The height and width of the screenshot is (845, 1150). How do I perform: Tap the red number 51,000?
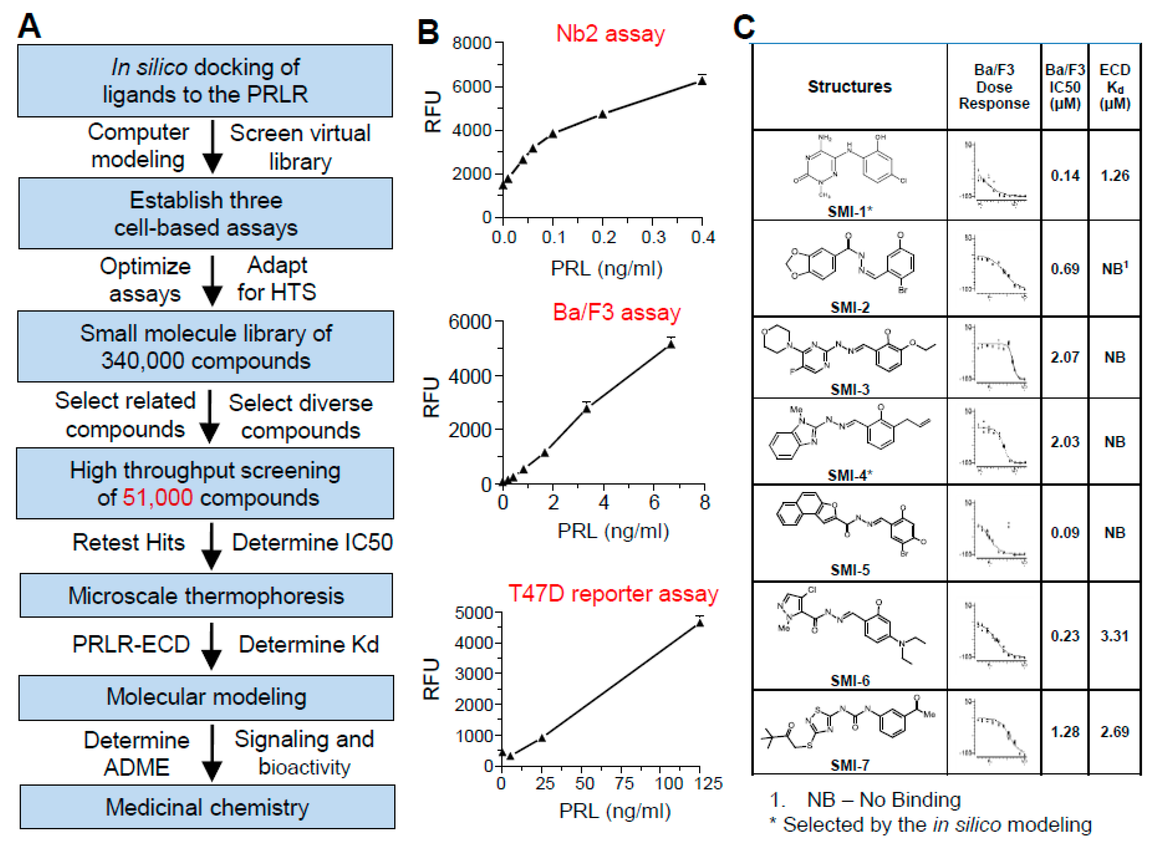click(x=157, y=497)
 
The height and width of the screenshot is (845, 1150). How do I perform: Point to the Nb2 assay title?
click(x=610, y=34)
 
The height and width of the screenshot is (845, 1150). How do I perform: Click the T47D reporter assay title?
click(x=613, y=593)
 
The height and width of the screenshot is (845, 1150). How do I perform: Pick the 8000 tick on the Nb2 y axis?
click(x=472, y=43)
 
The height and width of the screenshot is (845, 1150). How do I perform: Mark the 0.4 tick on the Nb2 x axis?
click(x=702, y=237)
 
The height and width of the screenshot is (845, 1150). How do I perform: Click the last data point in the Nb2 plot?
click(x=702, y=81)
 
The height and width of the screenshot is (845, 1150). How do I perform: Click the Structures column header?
click(x=849, y=86)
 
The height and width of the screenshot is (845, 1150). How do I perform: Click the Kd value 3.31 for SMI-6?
click(x=1114, y=636)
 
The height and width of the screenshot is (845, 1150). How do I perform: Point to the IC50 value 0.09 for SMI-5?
click(x=1065, y=533)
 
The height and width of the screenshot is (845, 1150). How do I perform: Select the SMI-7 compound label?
click(x=849, y=765)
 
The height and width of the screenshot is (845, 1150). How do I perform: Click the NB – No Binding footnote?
click(x=884, y=800)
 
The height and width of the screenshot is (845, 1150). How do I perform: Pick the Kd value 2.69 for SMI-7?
click(x=1114, y=732)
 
